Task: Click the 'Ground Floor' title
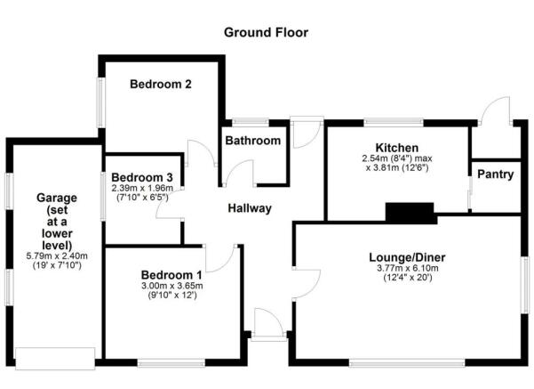click(x=266, y=33)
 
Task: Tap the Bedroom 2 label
click(x=162, y=85)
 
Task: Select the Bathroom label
click(x=252, y=141)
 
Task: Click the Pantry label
click(x=495, y=174)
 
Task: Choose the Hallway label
click(x=248, y=209)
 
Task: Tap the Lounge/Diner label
click(x=407, y=258)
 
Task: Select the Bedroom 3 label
click(x=142, y=176)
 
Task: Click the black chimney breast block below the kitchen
click(x=410, y=212)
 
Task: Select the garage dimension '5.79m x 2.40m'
click(x=53, y=255)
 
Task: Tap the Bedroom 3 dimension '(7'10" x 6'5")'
click(x=142, y=197)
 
